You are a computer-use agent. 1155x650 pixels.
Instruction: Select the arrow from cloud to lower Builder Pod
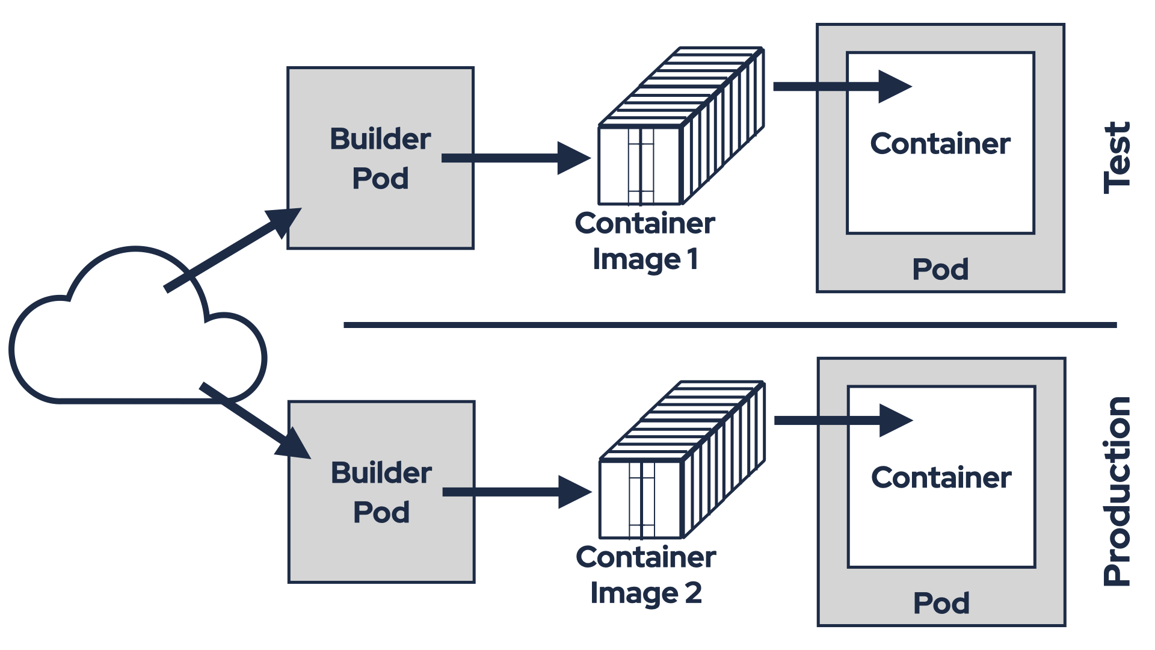253,419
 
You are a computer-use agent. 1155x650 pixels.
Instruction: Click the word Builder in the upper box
380,139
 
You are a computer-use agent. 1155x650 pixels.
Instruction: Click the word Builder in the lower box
381,473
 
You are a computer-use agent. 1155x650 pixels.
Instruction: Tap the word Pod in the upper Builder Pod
380,179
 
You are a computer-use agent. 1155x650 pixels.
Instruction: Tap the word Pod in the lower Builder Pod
381,513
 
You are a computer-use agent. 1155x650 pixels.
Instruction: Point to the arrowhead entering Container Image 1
573,158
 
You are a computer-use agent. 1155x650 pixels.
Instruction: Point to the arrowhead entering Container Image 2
574,492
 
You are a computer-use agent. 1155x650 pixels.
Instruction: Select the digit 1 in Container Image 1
692,259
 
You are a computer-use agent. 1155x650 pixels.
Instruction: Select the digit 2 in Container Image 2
693,593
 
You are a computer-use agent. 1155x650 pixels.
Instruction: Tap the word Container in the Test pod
940,144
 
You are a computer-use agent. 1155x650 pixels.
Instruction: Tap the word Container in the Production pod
941,478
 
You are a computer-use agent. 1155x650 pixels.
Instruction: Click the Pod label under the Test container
940,269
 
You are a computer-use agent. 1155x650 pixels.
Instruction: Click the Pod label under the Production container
941,603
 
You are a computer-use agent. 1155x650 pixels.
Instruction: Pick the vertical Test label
1117,158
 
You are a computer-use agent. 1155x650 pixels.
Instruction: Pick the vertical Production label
1117,491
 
